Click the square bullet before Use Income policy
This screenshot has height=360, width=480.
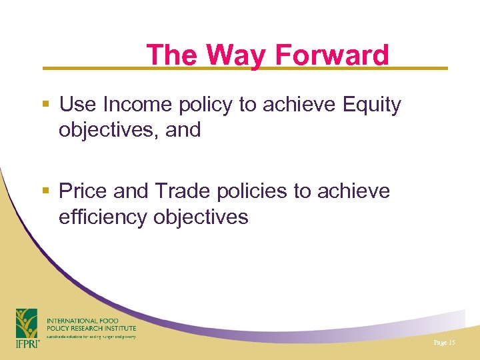coord(45,105)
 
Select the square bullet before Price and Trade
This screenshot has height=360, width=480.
coord(45,191)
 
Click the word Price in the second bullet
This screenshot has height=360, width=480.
coord(83,191)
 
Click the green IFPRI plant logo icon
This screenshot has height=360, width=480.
coord(27,323)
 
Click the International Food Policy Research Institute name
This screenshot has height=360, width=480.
coord(91,325)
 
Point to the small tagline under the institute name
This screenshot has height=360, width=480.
coord(91,337)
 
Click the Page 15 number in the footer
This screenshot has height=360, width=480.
coord(443,342)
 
